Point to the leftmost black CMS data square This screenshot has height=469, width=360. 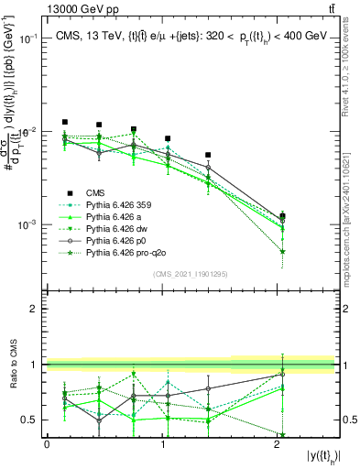[65, 122]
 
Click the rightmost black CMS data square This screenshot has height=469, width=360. [282, 216]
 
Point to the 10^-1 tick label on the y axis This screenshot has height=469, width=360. [27, 38]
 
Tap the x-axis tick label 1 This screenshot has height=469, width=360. [161, 443]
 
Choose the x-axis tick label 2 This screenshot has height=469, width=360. [277, 443]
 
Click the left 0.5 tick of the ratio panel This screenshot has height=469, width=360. [31, 420]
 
